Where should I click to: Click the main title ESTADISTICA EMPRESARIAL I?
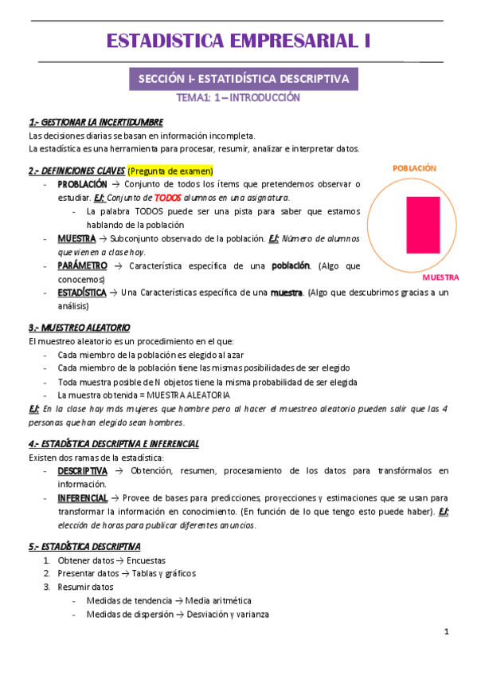[x=237, y=41]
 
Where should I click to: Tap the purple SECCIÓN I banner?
[x=244, y=79]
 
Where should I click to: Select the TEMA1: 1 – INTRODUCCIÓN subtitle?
[x=238, y=99]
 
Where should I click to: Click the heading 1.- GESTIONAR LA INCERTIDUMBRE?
[x=96, y=122]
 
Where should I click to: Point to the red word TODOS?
[x=169, y=197]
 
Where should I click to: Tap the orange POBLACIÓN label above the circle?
[x=414, y=168]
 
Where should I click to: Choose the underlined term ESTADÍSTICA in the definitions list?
[x=82, y=293]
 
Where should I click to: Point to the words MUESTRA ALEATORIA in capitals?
[x=191, y=395]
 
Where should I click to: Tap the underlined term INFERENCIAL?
[x=83, y=497]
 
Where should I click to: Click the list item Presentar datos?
[x=88, y=573]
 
